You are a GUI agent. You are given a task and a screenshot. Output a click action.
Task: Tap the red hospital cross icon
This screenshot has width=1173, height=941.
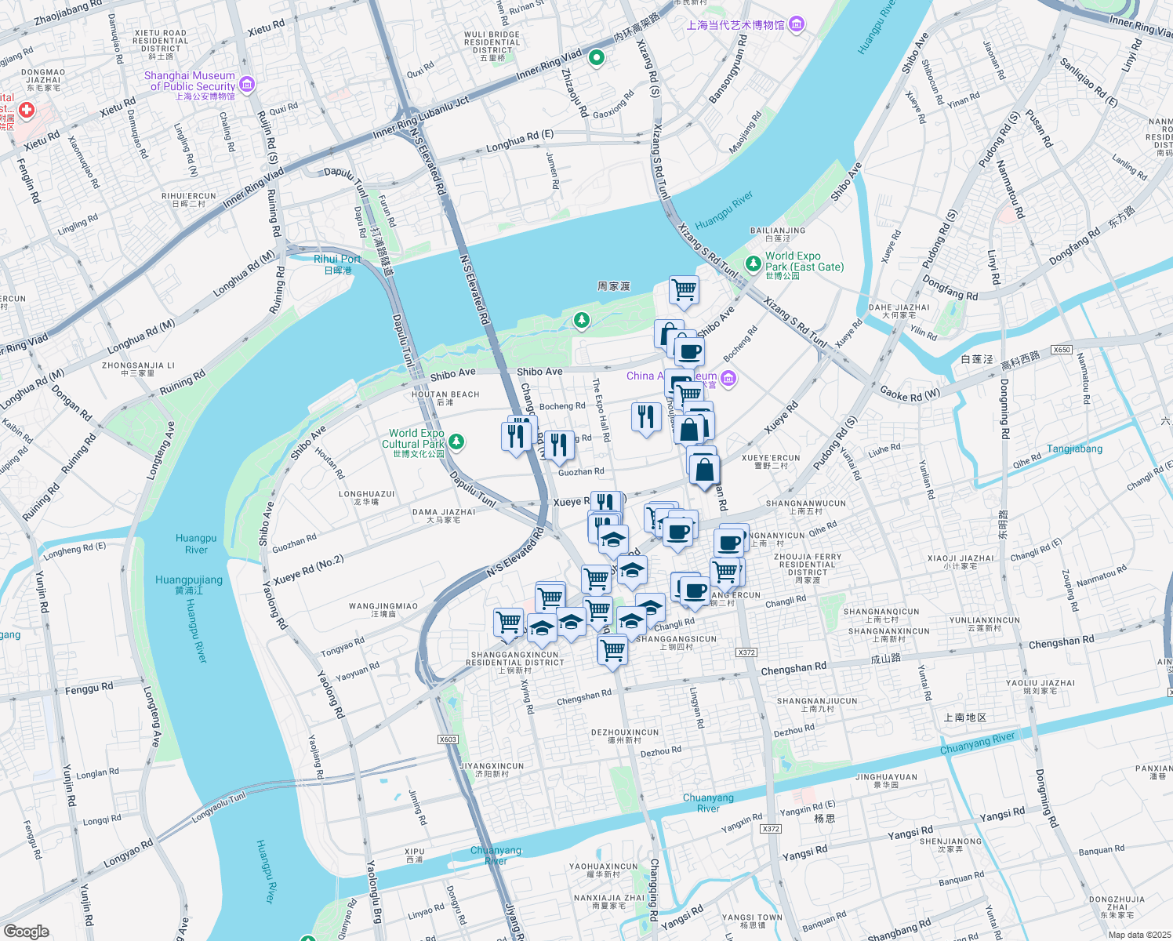tap(26, 111)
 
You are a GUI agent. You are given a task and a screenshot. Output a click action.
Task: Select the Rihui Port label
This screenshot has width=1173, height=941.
tap(337, 263)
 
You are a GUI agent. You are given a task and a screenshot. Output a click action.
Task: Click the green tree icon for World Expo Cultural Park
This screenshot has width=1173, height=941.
tap(456, 442)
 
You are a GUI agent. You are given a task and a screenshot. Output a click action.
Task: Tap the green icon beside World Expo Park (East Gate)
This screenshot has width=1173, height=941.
tap(753, 263)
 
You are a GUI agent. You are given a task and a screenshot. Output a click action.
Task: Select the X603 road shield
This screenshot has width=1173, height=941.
tap(448, 739)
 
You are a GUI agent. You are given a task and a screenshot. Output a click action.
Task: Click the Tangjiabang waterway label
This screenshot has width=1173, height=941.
tap(1074, 449)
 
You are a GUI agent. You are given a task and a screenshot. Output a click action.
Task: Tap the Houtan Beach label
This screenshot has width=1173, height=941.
tap(445, 398)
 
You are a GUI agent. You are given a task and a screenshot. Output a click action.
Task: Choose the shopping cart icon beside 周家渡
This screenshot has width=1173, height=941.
tap(684, 289)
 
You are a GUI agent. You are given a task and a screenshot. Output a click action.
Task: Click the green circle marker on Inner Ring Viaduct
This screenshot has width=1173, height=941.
tap(597, 57)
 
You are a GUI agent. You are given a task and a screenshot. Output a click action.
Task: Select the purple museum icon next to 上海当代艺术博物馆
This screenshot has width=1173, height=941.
tap(797, 24)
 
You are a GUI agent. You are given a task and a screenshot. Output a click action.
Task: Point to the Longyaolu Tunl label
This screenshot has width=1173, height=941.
tap(219, 805)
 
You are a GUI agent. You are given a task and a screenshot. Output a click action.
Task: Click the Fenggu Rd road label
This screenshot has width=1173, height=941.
tap(89, 688)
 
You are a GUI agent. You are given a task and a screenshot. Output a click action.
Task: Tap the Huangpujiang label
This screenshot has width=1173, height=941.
tap(189, 584)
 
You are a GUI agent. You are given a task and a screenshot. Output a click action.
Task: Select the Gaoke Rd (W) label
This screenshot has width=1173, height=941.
tap(910, 394)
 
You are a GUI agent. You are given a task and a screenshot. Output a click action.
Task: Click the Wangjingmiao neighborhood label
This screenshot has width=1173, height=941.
tap(383, 609)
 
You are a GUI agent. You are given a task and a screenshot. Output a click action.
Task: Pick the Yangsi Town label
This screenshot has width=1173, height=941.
tap(752, 921)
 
